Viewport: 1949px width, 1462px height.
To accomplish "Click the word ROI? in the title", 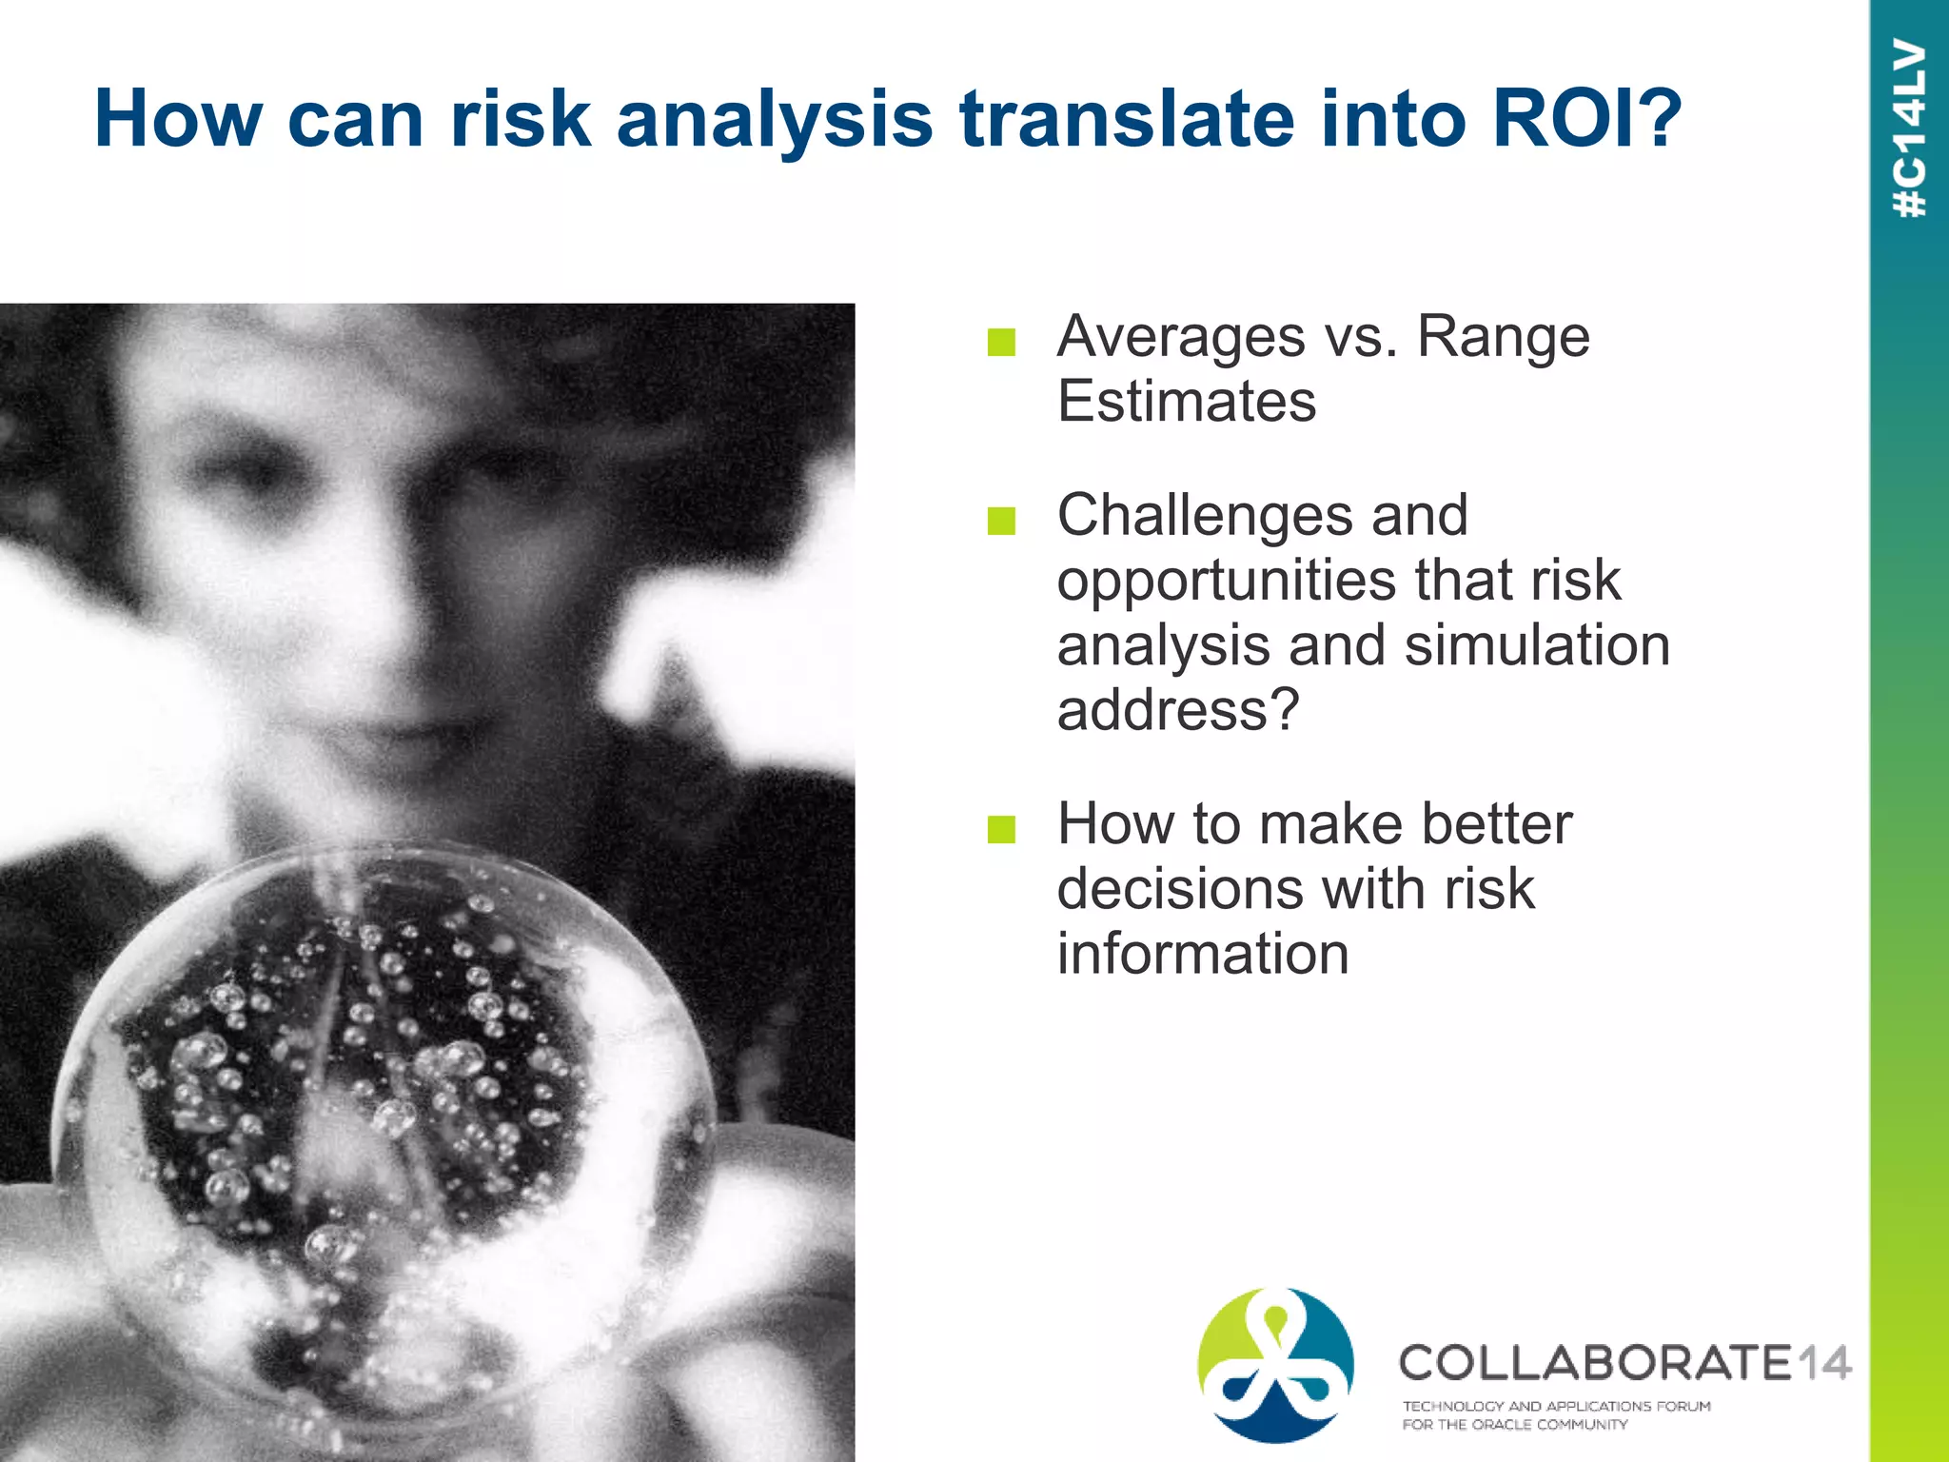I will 1587,119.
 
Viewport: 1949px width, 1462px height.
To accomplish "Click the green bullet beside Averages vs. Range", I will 1001,342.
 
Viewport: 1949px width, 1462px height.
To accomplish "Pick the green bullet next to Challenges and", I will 1001,521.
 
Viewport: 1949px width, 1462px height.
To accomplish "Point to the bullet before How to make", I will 1001,829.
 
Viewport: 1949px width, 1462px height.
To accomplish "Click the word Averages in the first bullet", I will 1181,336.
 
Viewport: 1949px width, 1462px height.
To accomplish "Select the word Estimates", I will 1187,401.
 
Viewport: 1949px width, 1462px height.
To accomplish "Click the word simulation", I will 1537,644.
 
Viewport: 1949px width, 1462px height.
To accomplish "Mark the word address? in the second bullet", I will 1177,709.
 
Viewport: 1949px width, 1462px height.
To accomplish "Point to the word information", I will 1203,953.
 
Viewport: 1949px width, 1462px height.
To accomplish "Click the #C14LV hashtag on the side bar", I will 1909,128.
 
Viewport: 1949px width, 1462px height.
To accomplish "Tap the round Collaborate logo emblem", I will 1275,1364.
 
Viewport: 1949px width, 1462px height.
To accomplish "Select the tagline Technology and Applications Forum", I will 1556,1406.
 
